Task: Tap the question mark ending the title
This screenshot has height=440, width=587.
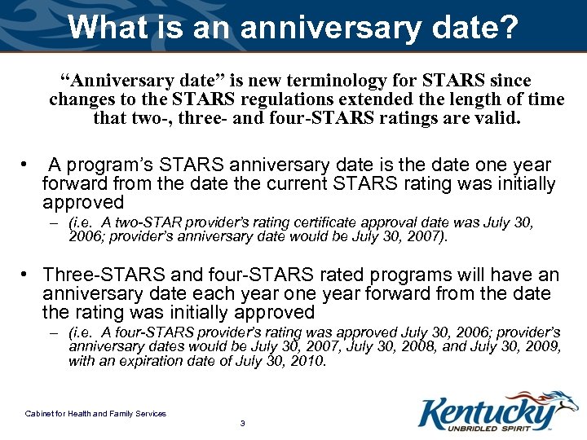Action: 510,27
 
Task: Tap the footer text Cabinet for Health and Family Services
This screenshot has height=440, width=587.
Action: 95,414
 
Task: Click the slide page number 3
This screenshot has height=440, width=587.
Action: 242,424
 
